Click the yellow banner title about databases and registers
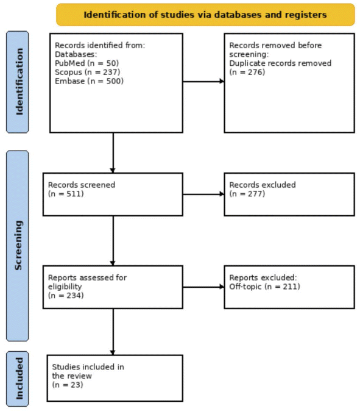coord(205,15)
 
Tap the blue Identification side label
coord(18,82)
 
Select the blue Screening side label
coord(18,246)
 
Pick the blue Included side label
coord(18,379)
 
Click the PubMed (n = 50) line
coord(86,63)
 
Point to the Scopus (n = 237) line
coord(87,73)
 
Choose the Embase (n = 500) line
coord(89,81)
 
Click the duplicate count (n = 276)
coord(247,73)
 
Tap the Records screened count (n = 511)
coord(66,194)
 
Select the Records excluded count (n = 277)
coord(247,194)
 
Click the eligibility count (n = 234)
coord(66,296)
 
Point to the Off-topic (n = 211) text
coord(264,287)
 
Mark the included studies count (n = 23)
coord(68,385)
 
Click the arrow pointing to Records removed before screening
coord(203,81)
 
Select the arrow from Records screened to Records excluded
coord(203,194)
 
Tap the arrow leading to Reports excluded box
coord(203,287)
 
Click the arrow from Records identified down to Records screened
coord(113,152)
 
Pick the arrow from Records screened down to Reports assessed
coord(113,241)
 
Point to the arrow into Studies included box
coord(113,332)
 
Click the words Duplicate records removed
coord(280,63)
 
